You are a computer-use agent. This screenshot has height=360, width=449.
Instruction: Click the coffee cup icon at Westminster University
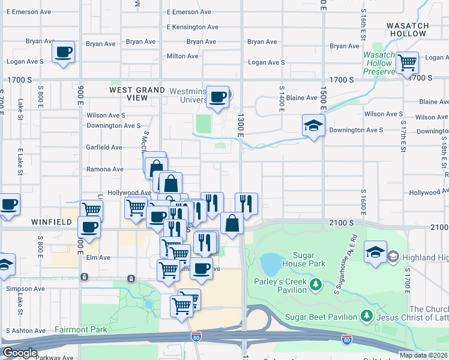(217, 96)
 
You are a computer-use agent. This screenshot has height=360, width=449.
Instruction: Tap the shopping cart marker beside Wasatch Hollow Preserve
(408, 62)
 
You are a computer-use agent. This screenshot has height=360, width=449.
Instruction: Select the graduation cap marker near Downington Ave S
(313, 125)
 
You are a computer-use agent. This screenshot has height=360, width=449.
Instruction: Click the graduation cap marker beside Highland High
(375, 251)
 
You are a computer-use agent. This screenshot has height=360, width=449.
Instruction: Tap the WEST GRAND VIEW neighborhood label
(137, 94)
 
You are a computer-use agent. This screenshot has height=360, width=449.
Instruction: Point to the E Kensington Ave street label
(193, 27)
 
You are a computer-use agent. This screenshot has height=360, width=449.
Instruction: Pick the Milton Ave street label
(182, 56)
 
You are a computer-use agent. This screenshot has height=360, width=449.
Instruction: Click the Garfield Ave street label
(104, 147)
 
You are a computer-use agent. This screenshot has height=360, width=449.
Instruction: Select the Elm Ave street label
(97, 257)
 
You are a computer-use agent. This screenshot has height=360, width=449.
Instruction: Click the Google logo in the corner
(20, 353)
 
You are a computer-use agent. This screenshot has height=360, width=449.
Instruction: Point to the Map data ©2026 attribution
(423, 355)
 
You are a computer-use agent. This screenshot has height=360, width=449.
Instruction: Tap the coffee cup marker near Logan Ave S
(63, 52)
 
